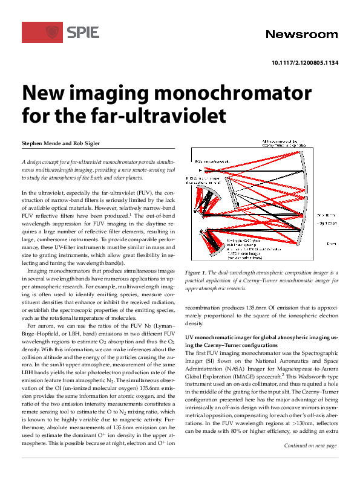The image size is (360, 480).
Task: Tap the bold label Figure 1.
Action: [197, 273]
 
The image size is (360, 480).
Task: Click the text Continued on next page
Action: [310, 463]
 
